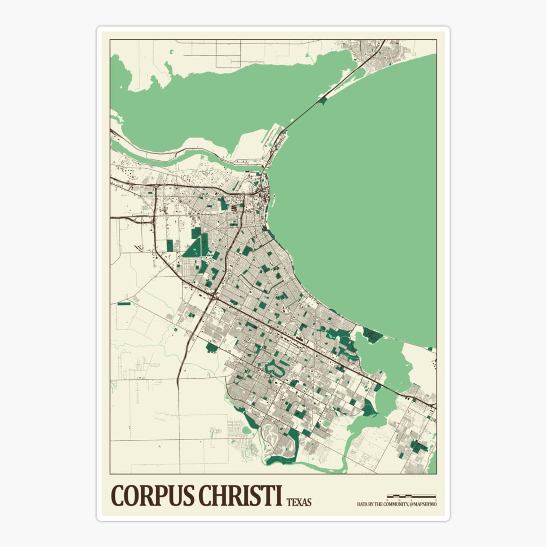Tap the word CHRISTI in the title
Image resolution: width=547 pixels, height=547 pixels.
tap(239, 495)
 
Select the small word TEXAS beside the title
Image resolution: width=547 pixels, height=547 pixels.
tap(299, 502)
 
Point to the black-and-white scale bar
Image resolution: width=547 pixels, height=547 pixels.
tap(411, 495)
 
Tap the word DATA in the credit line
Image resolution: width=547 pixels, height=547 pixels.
tap(362, 504)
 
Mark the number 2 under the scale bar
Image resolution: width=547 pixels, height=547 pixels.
tap(436, 500)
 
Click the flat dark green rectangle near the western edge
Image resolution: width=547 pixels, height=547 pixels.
tap(124, 303)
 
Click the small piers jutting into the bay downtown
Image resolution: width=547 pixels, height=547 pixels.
tap(274, 198)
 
